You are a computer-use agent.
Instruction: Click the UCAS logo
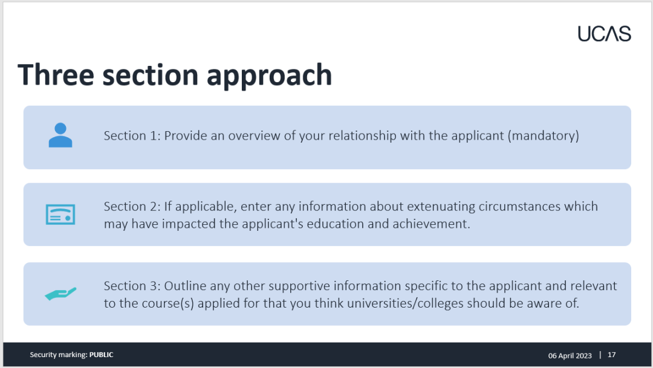604,34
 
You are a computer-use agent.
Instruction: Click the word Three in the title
56,75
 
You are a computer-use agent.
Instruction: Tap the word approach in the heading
270,76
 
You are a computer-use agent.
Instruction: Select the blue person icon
60,135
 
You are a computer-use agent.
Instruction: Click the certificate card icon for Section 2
60,215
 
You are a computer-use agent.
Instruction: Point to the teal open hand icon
61,294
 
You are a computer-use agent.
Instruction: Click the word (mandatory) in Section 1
543,136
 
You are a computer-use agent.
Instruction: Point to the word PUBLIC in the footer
101,355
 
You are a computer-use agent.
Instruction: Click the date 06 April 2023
570,355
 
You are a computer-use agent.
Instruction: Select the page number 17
611,355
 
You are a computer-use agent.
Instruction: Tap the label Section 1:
132,136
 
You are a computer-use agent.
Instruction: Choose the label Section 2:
132,207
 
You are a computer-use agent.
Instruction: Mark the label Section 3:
132,286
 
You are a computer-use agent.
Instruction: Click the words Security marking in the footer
58,355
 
